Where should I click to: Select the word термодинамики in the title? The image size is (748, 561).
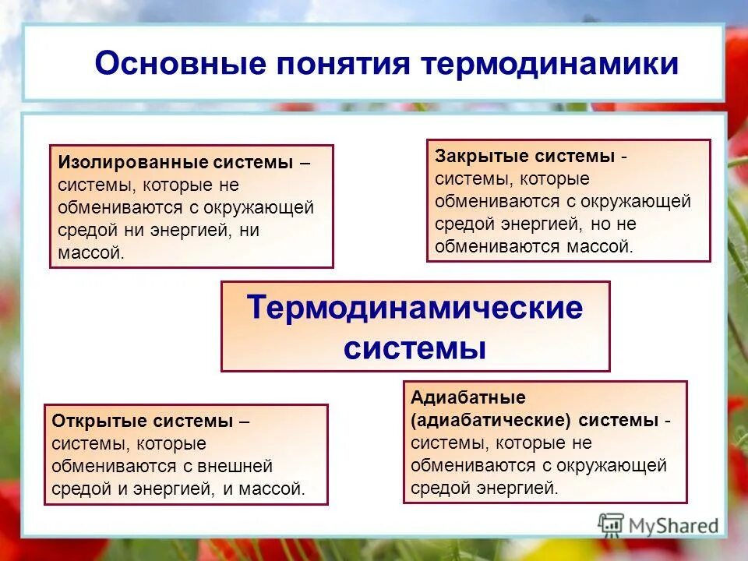pos(550,64)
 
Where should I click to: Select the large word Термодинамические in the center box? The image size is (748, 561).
pos(415,308)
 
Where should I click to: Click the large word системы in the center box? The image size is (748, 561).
pos(415,348)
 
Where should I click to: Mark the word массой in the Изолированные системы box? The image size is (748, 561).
pos(90,253)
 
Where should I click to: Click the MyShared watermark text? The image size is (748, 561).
pos(674,526)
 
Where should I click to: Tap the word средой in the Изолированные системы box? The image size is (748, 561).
pos(87,231)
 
